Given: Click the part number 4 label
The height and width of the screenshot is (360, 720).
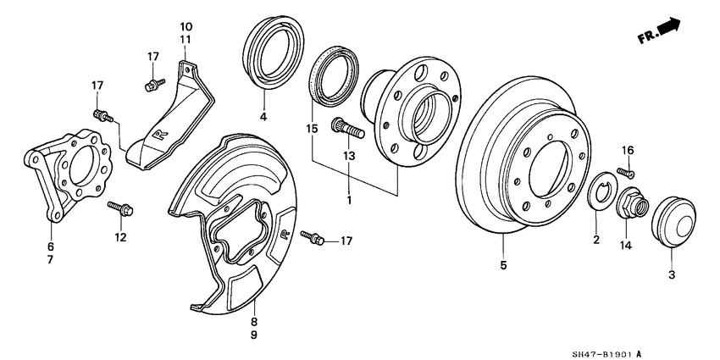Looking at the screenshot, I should tap(263, 116).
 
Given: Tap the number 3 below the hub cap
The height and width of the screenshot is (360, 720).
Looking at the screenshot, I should tap(673, 274).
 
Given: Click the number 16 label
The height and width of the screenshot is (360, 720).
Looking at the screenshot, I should tap(628, 150).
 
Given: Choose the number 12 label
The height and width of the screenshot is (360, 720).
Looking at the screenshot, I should tap(120, 237).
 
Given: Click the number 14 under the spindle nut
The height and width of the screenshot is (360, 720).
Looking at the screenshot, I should tap(628, 246).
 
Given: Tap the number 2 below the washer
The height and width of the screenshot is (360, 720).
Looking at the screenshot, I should tap(595, 241).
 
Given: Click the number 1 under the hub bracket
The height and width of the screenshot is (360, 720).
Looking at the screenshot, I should tap(348, 201).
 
